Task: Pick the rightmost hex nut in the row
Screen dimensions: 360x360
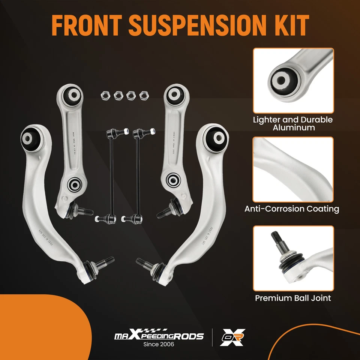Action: point(143,95)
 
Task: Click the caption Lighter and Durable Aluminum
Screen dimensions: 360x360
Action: point(293,124)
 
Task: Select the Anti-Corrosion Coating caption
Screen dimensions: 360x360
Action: point(292,209)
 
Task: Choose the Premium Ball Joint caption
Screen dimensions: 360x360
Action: point(293,298)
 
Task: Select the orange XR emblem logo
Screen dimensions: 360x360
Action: point(232,336)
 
